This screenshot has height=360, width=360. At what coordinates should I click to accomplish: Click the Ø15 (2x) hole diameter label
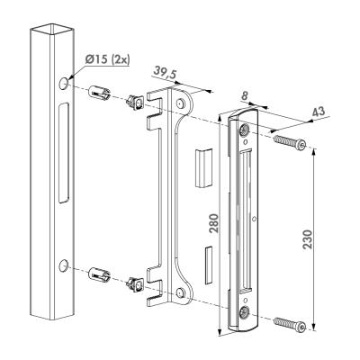click(107, 59)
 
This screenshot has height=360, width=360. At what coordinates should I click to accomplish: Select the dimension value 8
click(245, 96)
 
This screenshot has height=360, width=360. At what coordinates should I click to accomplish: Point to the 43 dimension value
click(319, 112)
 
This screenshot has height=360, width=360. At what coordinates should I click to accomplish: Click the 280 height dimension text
click(213, 223)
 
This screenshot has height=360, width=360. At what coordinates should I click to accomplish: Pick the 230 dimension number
click(307, 239)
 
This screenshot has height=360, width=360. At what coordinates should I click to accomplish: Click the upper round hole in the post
click(63, 83)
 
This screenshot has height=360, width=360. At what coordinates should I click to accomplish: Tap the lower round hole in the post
click(63, 265)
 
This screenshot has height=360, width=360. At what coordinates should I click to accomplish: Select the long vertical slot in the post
click(63, 153)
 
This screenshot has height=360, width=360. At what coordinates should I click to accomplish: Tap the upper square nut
click(136, 103)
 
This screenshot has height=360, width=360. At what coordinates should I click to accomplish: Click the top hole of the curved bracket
click(180, 103)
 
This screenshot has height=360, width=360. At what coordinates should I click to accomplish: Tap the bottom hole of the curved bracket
click(180, 292)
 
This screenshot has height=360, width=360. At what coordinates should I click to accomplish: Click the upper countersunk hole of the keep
click(244, 130)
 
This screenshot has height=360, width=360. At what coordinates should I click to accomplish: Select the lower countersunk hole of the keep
click(243, 313)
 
